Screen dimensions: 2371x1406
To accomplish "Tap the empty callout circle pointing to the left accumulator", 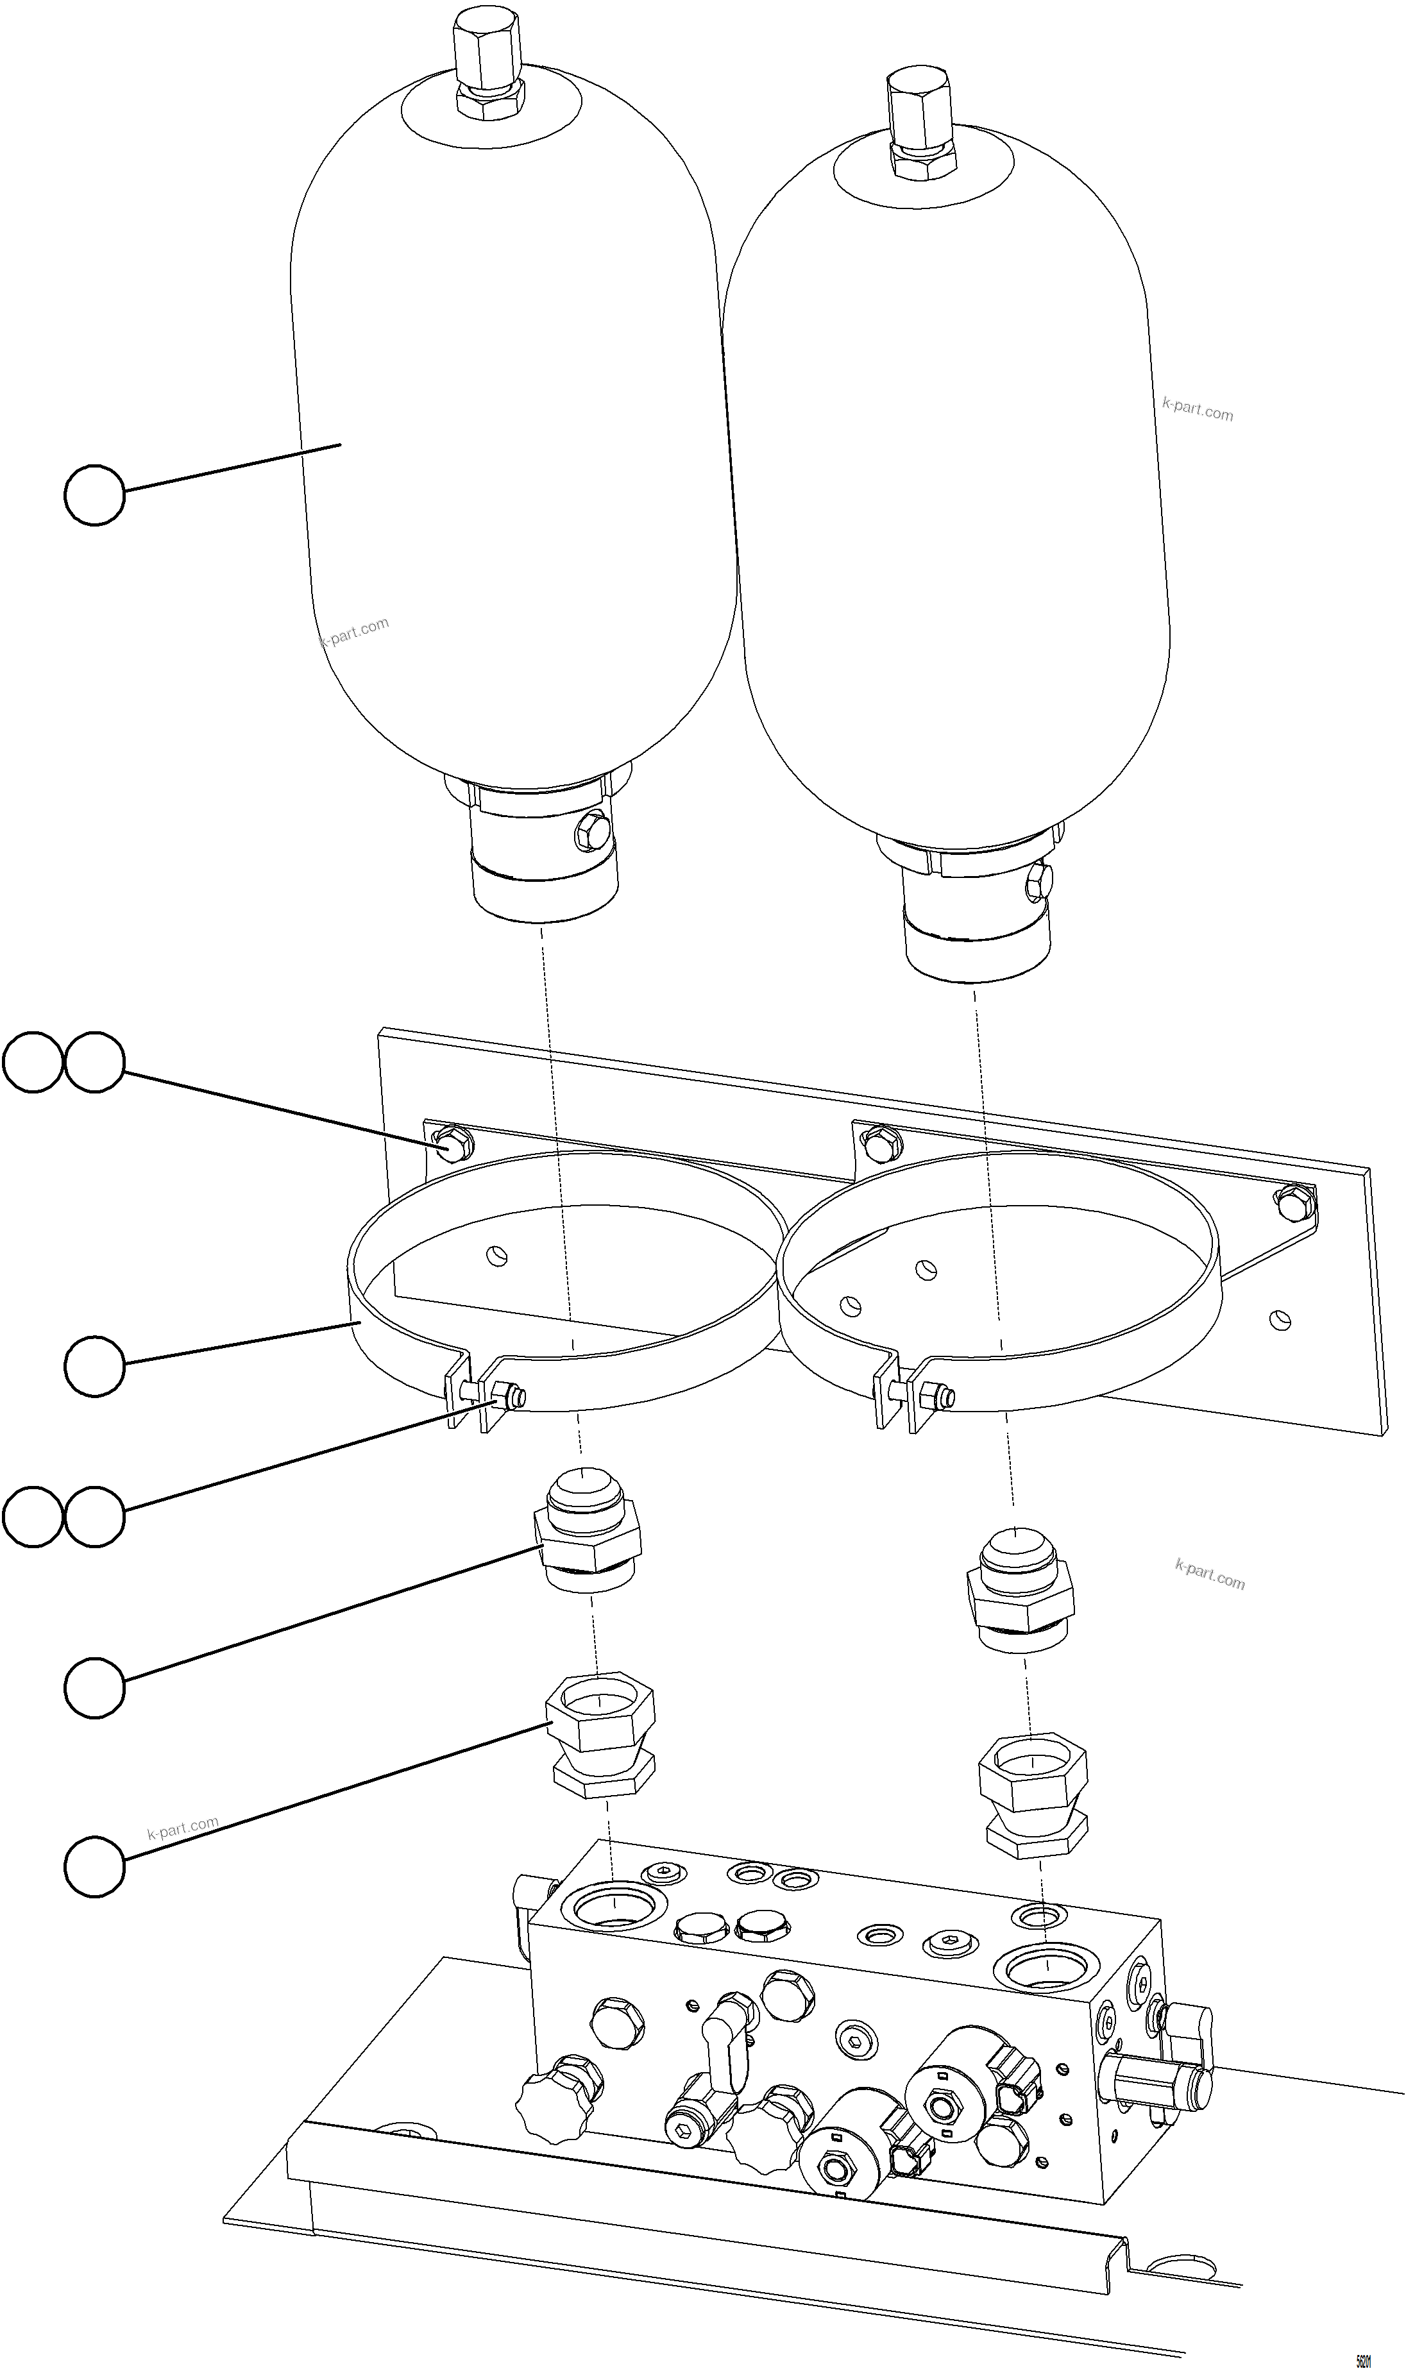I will (94, 494).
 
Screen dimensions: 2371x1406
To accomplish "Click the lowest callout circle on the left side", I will (94, 1866).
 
